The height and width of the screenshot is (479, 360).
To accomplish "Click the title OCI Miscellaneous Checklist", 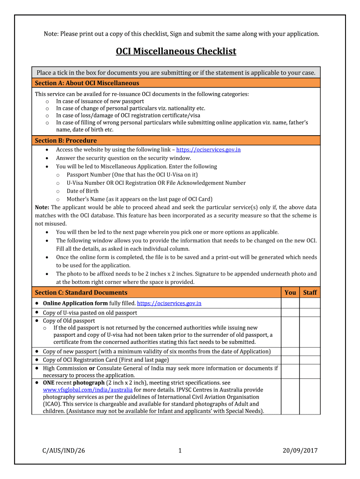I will tap(176, 51).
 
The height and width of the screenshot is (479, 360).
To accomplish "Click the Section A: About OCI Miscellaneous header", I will tap(87, 83).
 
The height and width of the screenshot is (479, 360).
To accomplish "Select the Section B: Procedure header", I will tap(66, 140).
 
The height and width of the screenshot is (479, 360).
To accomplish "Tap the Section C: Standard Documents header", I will tap(81, 292).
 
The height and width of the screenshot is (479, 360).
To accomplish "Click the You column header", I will tap(290, 292).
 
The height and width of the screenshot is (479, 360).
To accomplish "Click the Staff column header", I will tap(310, 292).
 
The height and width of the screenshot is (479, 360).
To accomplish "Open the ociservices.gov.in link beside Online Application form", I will tap(169, 303).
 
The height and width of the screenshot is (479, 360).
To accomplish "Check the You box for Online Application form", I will tap(290, 303).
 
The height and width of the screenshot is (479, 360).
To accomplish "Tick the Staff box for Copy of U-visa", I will tap(310, 312).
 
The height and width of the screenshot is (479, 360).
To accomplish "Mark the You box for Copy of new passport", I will tap(290, 351).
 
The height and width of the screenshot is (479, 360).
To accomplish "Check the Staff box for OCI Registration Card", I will tap(310, 360).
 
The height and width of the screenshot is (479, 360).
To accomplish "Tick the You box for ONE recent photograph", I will tap(290, 396).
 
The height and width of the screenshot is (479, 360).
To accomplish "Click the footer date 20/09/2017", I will tap(300, 450).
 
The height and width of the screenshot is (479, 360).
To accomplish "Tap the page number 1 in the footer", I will tap(180, 450).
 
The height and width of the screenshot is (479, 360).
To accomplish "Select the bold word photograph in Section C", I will tap(89, 383).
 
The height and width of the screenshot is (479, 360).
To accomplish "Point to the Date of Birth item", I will tap(82, 191).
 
